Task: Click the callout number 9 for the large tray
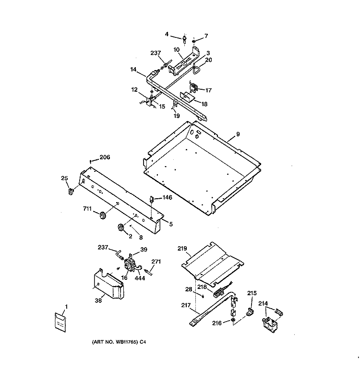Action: point(238,134)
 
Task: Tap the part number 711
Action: point(87,208)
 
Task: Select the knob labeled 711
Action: point(102,215)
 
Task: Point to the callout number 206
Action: point(105,157)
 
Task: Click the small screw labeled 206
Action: point(91,161)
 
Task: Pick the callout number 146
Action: point(167,197)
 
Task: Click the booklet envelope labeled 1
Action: point(60,322)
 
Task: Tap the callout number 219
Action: point(182,248)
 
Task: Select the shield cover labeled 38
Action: point(109,283)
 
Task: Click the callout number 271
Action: point(156,261)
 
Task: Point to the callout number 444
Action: point(140,278)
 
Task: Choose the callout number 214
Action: point(263,303)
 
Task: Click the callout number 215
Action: point(252,293)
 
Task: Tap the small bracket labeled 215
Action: point(250,312)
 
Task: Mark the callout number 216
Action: point(217,323)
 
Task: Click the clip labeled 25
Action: point(71,191)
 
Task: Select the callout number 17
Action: point(208,90)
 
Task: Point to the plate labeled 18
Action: point(187,97)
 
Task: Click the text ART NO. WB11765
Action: point(115,342)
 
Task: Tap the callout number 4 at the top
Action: point(167,34)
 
